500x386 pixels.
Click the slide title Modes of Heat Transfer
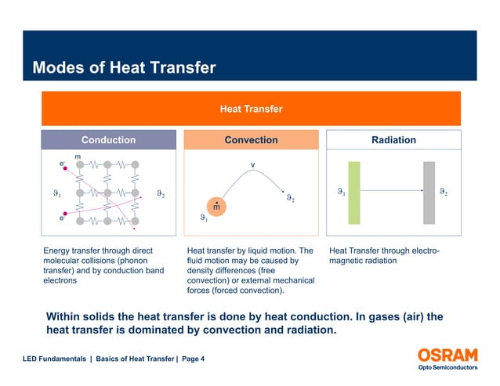(123, 68)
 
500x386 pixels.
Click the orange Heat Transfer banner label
(251, 109)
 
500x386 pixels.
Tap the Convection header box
(251, 140)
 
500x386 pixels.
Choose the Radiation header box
(393, 140)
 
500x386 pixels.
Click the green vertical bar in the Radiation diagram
(354, 192)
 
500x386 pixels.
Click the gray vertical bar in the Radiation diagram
(429, 192)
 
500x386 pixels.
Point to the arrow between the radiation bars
(391, 190)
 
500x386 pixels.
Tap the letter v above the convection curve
(252, 164)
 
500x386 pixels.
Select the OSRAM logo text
(447, 354)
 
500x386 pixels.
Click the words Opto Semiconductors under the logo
(447, 367)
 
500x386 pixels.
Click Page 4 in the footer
(193, 359)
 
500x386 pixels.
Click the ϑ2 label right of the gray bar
(444, 190)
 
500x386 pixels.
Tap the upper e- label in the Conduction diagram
(62, 164)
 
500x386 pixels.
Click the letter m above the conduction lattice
(78, 157)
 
